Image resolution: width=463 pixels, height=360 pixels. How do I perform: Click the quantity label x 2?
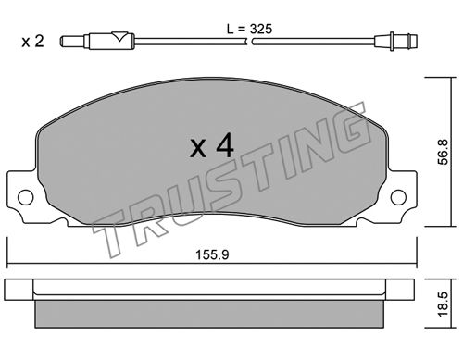[x=32, y=42]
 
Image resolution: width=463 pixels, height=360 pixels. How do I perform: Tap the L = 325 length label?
[x=249, y=29]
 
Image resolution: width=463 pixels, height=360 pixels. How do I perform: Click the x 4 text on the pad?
[x=212, y=147]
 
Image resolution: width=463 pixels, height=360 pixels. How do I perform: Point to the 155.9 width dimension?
[x=212, y=254]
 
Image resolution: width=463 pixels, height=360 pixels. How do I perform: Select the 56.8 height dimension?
[x=444, y=152]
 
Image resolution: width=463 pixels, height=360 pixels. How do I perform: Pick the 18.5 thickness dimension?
[x=444, y=304]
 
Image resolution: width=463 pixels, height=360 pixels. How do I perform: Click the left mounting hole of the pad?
[x=26, y=197]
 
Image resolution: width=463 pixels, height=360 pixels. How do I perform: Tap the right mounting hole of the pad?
[x=398, y=197]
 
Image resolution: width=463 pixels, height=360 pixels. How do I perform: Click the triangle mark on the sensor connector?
[x=119, y=36]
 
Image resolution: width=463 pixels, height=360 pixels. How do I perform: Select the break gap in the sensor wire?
[x=250, y=42]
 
